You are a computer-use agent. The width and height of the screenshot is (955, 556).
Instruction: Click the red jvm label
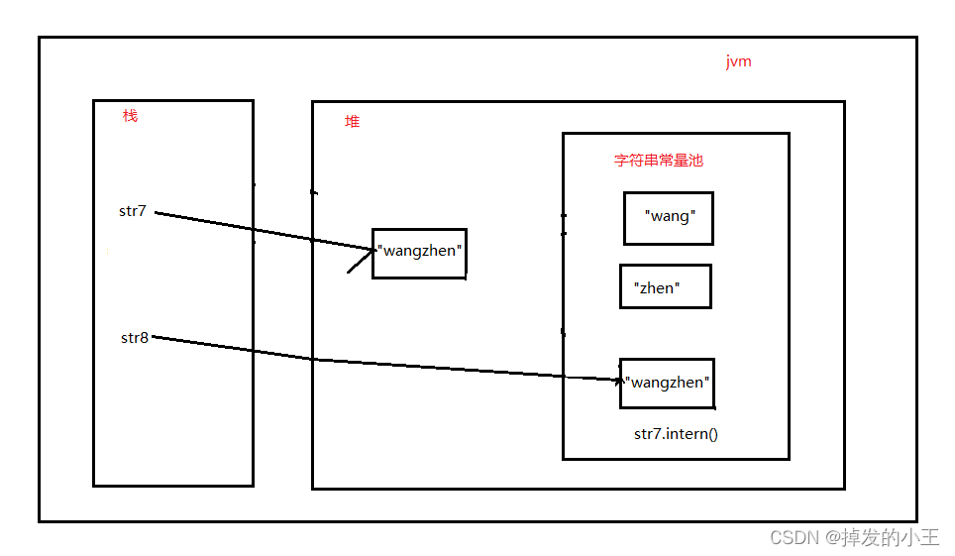click(x=738, y=61)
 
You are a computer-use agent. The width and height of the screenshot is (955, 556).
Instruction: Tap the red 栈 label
click(x=130, y=116)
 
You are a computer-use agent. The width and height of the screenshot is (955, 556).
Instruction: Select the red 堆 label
click(x=352, y=122)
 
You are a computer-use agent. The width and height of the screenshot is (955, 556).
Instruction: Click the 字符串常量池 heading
click(x=658, y=161)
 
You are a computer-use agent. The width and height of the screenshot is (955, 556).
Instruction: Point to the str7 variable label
click(x=133, y=211)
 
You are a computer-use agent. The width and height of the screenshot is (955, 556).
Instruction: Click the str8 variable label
click(x=135, y=338)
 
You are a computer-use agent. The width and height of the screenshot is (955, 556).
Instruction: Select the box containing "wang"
click(x=669, y=218)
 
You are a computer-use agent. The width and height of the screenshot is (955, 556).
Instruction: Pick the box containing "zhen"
click(x=665, y=286)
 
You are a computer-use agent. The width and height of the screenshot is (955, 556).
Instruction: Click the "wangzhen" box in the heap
click(x=419, y=253)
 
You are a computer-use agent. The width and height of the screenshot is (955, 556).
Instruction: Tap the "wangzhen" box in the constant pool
click(x=667, y=384)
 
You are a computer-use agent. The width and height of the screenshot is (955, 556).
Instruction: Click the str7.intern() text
click(x=676, y=434)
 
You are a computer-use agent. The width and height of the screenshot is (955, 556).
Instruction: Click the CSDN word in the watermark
click(x=792, y=538)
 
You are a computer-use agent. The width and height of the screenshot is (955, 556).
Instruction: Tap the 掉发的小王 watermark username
click(x=889, y=538)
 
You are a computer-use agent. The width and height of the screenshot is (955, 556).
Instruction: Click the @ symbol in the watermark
click(x=829, y=538)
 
